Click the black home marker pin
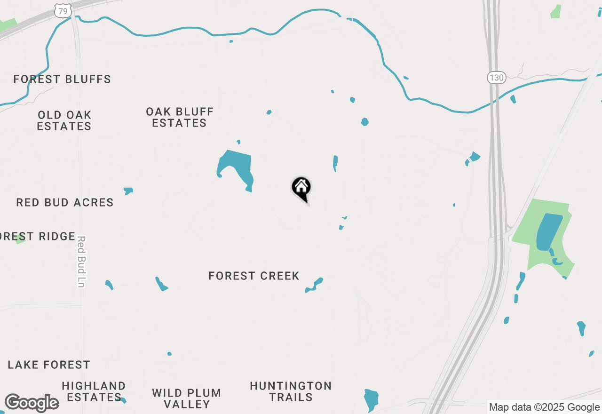click(x=301, y=188)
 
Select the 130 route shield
click(x=496, y=77)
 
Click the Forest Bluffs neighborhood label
click(x=62, y=79)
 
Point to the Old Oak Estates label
click(x=64, y=120)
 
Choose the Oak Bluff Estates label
click(x=180, y=117)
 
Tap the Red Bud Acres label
click(x=65, y=202)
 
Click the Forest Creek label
click(x=254, y=276)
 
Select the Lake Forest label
click(x=49, y=365)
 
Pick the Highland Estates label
click(x=94, y=391)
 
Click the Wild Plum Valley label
click(x=187, y=398)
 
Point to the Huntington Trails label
click(x=291, y=391)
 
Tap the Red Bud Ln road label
click(x=81, y=262)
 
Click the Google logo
click(x=32, y=403)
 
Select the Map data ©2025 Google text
click(x=544, y=407)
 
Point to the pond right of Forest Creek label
click(x=314, y=285)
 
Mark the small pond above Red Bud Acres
click(x=128, y=191)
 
